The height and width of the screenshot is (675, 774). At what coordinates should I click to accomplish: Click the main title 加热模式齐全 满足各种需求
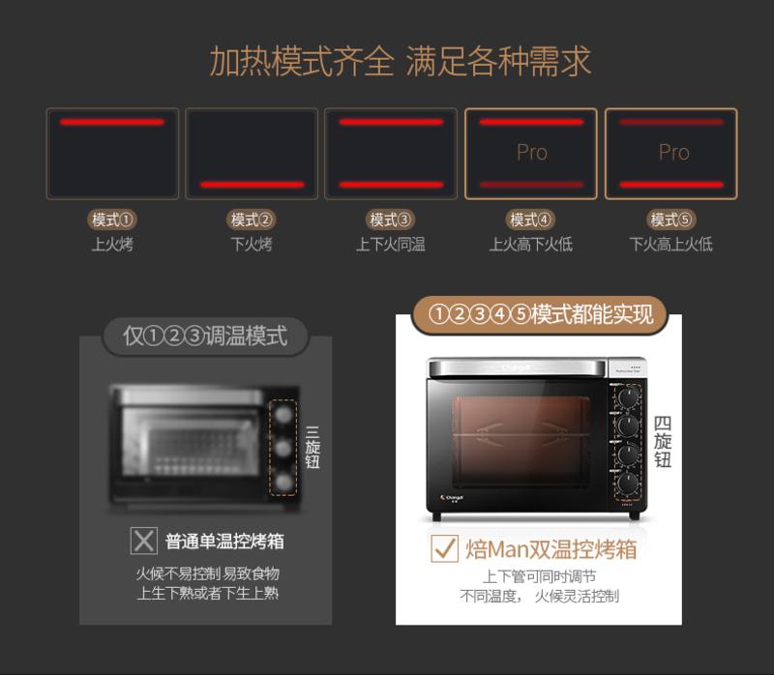click(400, 61)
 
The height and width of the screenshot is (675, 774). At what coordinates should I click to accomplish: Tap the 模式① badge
click(112, 220)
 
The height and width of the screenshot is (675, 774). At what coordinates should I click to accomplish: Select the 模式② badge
click(252, 220)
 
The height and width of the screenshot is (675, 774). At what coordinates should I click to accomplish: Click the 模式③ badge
click(391, 220)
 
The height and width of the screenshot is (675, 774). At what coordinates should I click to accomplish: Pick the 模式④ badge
click(530, 220)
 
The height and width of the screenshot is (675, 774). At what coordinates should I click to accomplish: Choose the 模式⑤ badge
click(671, 220)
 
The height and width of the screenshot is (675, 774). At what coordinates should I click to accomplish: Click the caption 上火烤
click(112, 245)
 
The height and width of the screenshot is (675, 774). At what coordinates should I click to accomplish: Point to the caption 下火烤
click(252, 245)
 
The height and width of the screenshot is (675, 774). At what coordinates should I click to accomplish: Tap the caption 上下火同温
click(391, 245)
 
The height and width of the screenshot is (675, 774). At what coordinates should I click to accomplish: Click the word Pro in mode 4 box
click(531, 153)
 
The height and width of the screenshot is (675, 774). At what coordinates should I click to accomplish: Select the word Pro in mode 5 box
click(673, 153)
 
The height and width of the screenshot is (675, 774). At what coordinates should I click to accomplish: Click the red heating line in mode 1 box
click(112, 122)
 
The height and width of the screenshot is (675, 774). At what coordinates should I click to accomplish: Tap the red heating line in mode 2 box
click(252, 184)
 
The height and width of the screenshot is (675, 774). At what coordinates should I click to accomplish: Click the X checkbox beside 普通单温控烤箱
click(144, 541)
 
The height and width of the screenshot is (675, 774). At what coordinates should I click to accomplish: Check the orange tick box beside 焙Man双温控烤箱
click(444, 549)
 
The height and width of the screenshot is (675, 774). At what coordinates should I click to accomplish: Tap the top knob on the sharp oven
click(628, 396)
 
